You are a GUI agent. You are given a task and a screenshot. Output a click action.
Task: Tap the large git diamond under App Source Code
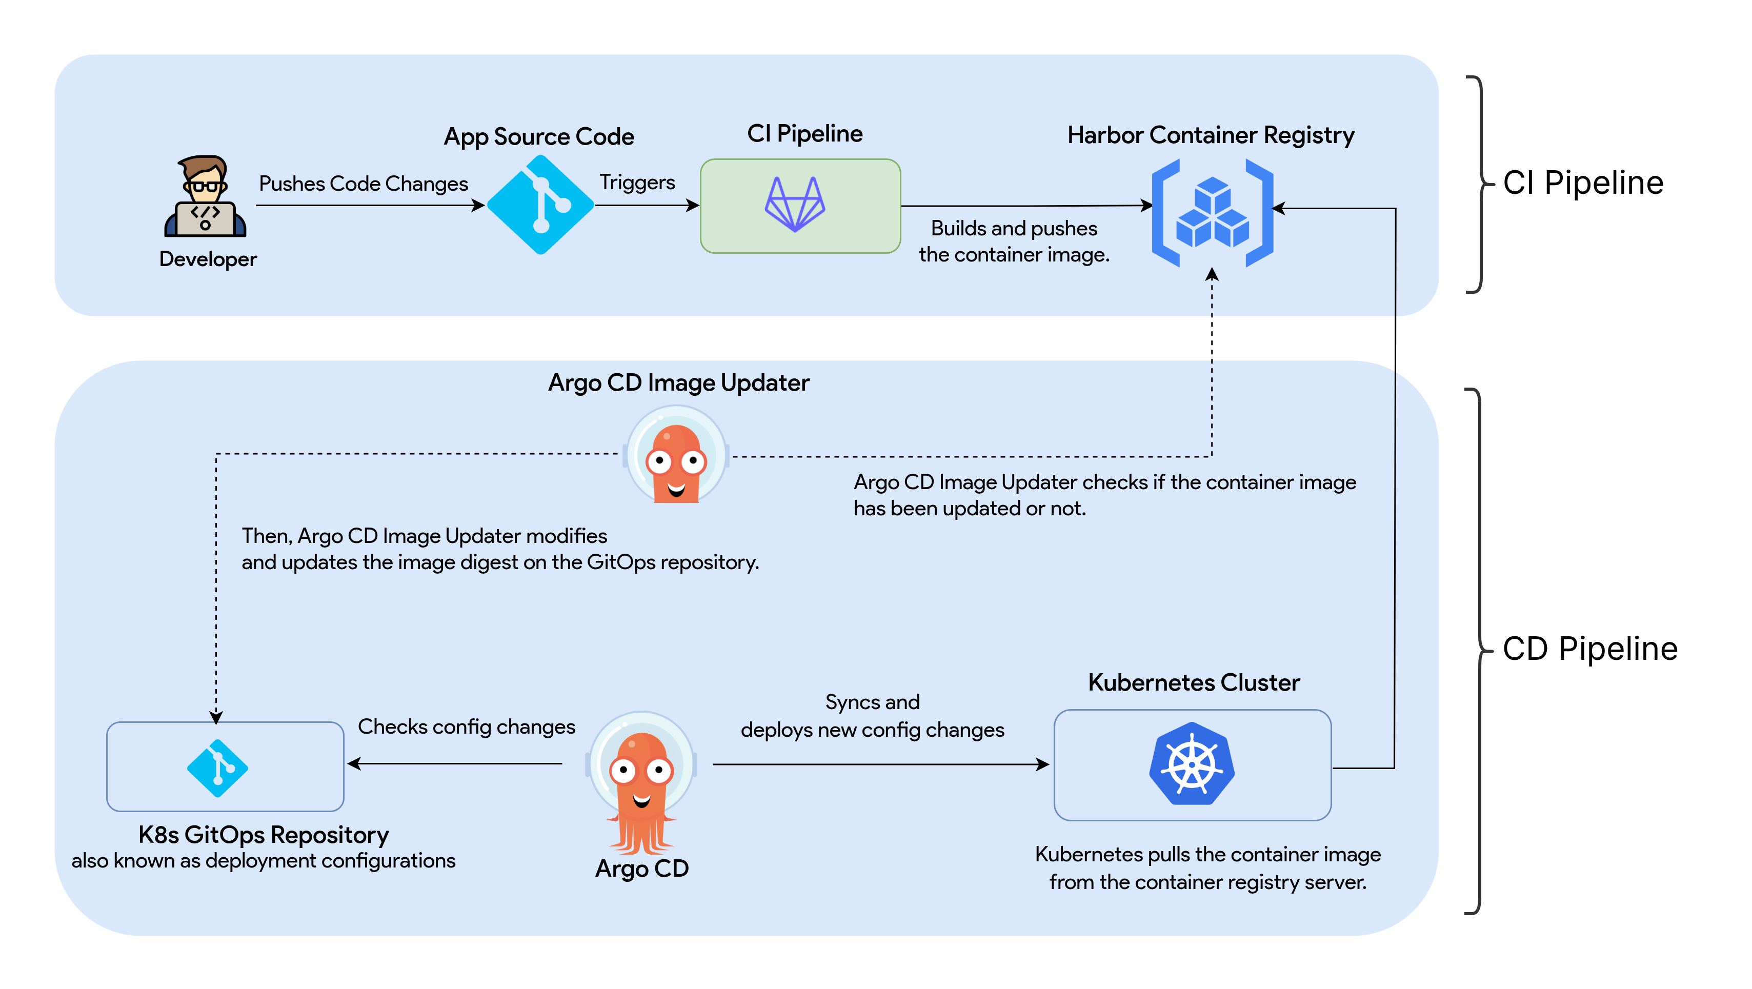541,205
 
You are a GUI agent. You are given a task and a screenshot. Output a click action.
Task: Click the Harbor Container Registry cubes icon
1212,213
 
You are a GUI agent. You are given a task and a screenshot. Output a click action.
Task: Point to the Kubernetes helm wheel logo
1192,764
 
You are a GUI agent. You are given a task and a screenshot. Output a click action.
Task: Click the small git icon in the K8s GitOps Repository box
217,768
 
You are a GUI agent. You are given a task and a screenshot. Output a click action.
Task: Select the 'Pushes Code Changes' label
363,184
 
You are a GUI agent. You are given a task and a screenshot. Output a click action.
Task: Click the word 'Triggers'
637,183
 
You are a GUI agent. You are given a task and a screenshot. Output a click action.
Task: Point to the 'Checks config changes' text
467,726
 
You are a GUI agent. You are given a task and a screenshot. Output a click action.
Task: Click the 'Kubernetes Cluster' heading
1194,682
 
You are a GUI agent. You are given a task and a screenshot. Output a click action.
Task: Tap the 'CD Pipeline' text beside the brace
1589,648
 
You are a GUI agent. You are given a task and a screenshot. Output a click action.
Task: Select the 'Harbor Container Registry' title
1211,135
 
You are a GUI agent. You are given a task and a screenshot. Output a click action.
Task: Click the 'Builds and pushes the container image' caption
1013,241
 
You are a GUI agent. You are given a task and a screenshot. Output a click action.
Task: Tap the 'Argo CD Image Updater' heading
679,382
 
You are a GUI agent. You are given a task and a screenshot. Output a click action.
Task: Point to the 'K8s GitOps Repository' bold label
263,834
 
